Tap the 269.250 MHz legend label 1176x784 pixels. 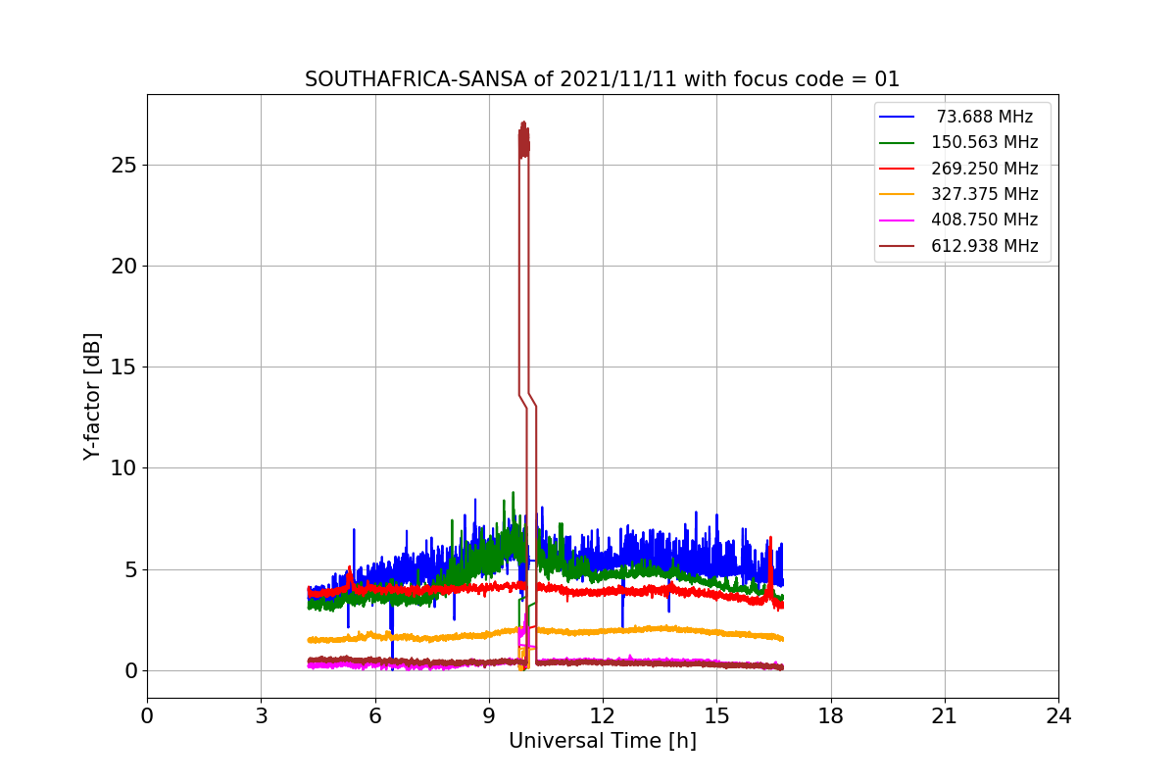click(984, 169)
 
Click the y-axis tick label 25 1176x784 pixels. click(123, 166)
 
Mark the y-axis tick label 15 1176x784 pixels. click(123, 367)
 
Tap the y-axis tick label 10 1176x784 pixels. click(123, 468)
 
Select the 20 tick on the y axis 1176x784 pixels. click(123, 267)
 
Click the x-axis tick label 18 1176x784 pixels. click(831, 716)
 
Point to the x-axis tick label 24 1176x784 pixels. click(1058, 716)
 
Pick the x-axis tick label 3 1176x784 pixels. click(262, 716)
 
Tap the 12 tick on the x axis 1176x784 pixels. click(603, 716)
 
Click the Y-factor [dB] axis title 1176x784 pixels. click(92, 397)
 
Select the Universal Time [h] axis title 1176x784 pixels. click(603, 741)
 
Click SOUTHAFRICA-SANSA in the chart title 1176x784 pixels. click(416, 79)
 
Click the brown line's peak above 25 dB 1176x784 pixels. click(523, 122)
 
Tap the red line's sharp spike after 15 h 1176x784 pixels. click(770, 538)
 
